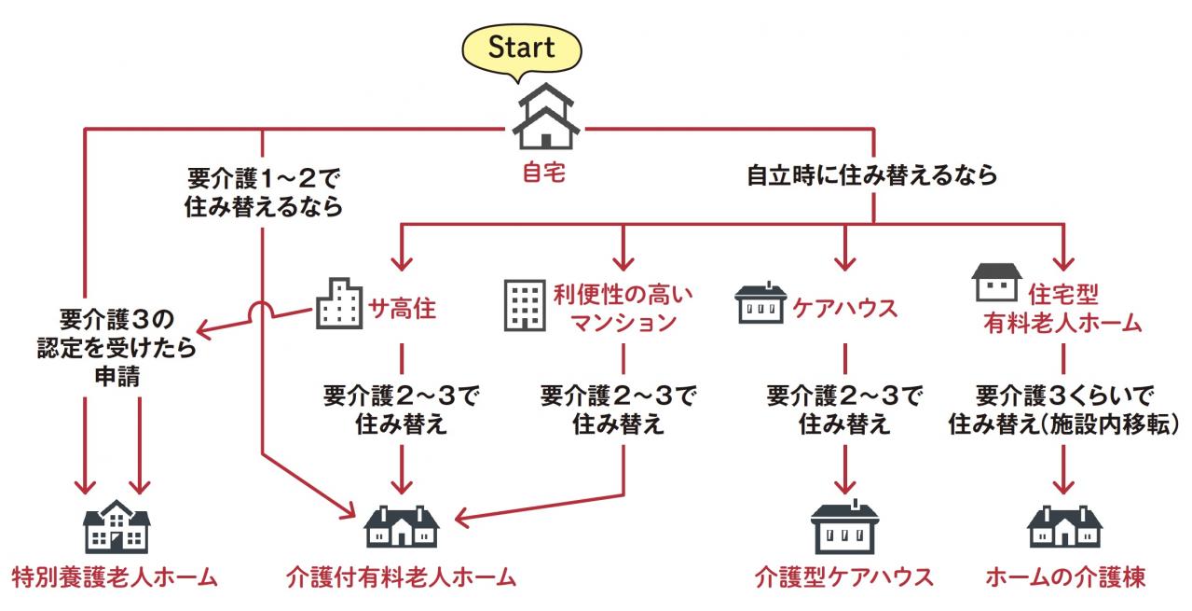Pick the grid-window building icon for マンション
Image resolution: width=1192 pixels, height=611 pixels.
tap(524, 305)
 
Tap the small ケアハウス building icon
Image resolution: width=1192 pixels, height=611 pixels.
tap(761, 304)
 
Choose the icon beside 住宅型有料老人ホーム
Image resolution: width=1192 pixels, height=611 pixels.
tap(996, 282)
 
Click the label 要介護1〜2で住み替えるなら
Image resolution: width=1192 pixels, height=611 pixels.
tap(263, 190)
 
